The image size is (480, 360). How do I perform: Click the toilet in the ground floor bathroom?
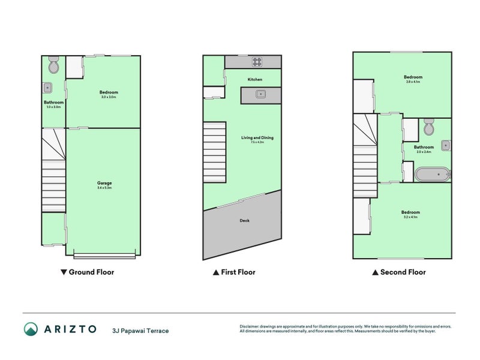point(53,65)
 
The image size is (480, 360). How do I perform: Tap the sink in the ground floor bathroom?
point(47,88)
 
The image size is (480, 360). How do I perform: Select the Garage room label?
point(104,183)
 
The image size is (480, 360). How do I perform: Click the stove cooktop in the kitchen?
point(258,61)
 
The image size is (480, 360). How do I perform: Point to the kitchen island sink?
point(260,94)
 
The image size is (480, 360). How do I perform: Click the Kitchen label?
point(255,79)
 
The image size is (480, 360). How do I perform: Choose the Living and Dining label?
point(257,138)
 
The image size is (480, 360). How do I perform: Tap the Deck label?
point(244,220)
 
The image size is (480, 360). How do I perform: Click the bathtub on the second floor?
point(432,175)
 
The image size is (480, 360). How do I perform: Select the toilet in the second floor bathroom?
point(428,127)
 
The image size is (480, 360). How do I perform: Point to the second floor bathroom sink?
point(446,145)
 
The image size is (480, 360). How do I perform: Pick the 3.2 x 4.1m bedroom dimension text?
point(411,216)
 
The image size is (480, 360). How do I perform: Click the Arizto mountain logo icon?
point(31,329)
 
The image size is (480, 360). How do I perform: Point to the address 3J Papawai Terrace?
point(140,331)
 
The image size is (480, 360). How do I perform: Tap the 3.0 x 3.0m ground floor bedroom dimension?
point(109,97)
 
